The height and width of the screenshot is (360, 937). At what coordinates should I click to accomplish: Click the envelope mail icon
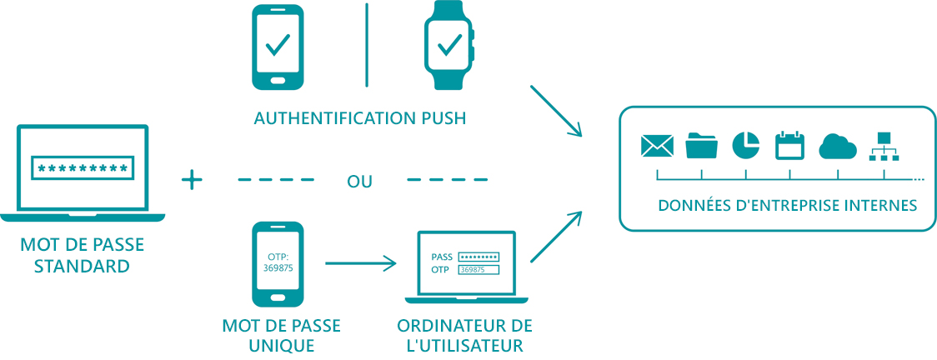pyautogui.click(x=657, y=147)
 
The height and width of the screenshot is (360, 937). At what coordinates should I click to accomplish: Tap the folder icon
pyautogui.click(x=701, y=146)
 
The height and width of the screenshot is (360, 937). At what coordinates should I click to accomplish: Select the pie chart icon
pyautogui.click(x=745, y=145)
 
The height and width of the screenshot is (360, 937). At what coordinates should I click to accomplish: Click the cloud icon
pyautogui.click(x=837, y=147)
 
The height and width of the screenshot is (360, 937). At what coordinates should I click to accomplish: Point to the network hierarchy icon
pyautogui.click(x=883, y=146)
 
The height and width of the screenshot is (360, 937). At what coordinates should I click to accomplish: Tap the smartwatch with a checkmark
pyautogui.click(x=448, y=47)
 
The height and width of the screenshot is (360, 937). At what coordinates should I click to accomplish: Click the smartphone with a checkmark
pyautogui.click(x=278, y=47)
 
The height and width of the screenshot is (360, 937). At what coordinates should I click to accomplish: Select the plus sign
pyautogui.click(x=193, y=179)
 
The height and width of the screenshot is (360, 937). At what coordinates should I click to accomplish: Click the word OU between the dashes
pyautogui.click(x=360, y=181)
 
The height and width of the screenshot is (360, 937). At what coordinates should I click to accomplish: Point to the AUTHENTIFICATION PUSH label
pyautogui.click(x=359, y=118)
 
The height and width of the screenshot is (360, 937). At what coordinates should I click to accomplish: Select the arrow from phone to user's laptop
pyautogui.click(x=360, y=264)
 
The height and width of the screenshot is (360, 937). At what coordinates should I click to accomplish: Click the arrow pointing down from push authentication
pyautogui.click(x=555, y=109)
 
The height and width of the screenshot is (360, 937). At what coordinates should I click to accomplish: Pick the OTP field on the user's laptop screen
pyautogui.click(x=479, y=270)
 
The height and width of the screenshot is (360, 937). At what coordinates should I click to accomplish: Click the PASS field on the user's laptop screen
pyautogui.click(x=479, y=257)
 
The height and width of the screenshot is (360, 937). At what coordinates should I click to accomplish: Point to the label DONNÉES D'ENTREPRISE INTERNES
pyautogui.click(x=787, y=205)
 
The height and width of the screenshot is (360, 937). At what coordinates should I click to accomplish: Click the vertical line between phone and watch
pyautogui.click(x=366, y=46)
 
